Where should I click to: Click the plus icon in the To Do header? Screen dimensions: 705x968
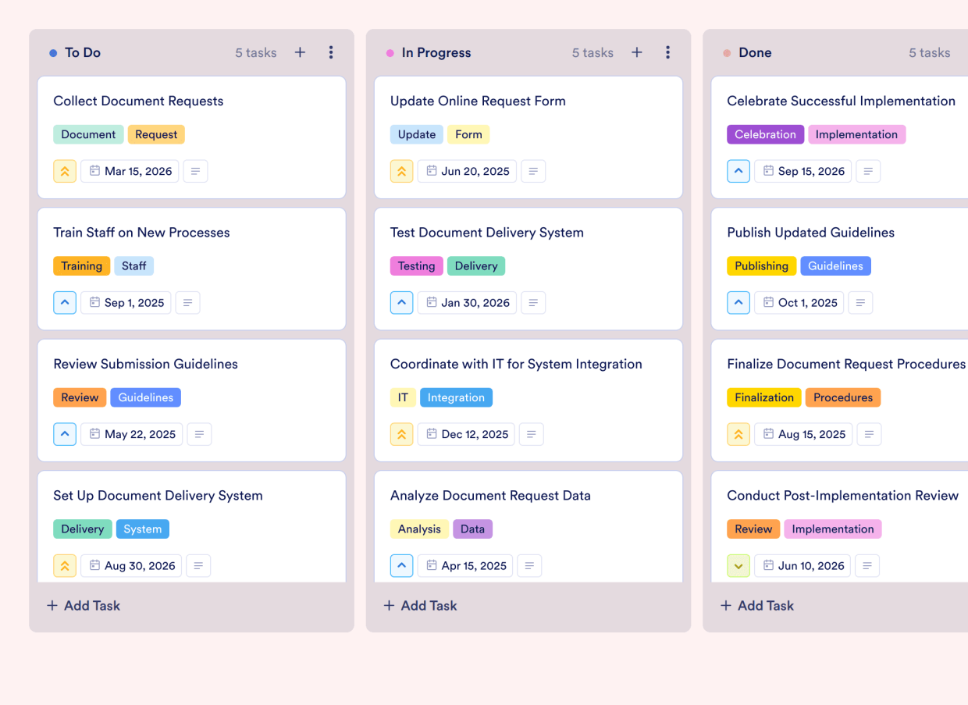[300, 52]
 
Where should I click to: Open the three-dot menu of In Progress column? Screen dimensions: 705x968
[667, 52]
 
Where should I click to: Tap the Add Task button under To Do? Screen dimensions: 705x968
[84, 606]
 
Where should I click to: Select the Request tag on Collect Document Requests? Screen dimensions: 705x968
[156, 134]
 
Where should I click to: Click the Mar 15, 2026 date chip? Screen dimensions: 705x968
[130, 172]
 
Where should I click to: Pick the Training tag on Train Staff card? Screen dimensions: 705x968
[81, 266]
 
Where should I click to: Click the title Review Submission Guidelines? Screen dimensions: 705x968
[145, 364]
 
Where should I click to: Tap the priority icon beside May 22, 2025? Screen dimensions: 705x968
[65, 435]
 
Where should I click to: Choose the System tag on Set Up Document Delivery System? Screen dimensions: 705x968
[142, 529]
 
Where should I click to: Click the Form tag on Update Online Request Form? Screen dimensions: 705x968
[468, 134]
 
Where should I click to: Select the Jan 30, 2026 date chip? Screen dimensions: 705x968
[467, 303]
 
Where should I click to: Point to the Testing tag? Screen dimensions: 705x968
[416, 266]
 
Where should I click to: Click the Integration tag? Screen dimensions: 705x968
[456, 397]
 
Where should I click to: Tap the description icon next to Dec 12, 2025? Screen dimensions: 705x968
[532, 435]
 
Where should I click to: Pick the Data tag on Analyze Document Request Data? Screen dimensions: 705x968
[472, 529]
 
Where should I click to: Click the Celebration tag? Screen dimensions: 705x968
[765, 134]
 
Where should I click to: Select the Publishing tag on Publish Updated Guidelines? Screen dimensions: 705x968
[761, 266]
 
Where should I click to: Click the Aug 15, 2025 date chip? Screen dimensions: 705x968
[803, 435]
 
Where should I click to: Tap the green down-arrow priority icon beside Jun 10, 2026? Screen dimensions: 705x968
[738, 566]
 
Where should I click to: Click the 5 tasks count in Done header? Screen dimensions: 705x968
[929, 53]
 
